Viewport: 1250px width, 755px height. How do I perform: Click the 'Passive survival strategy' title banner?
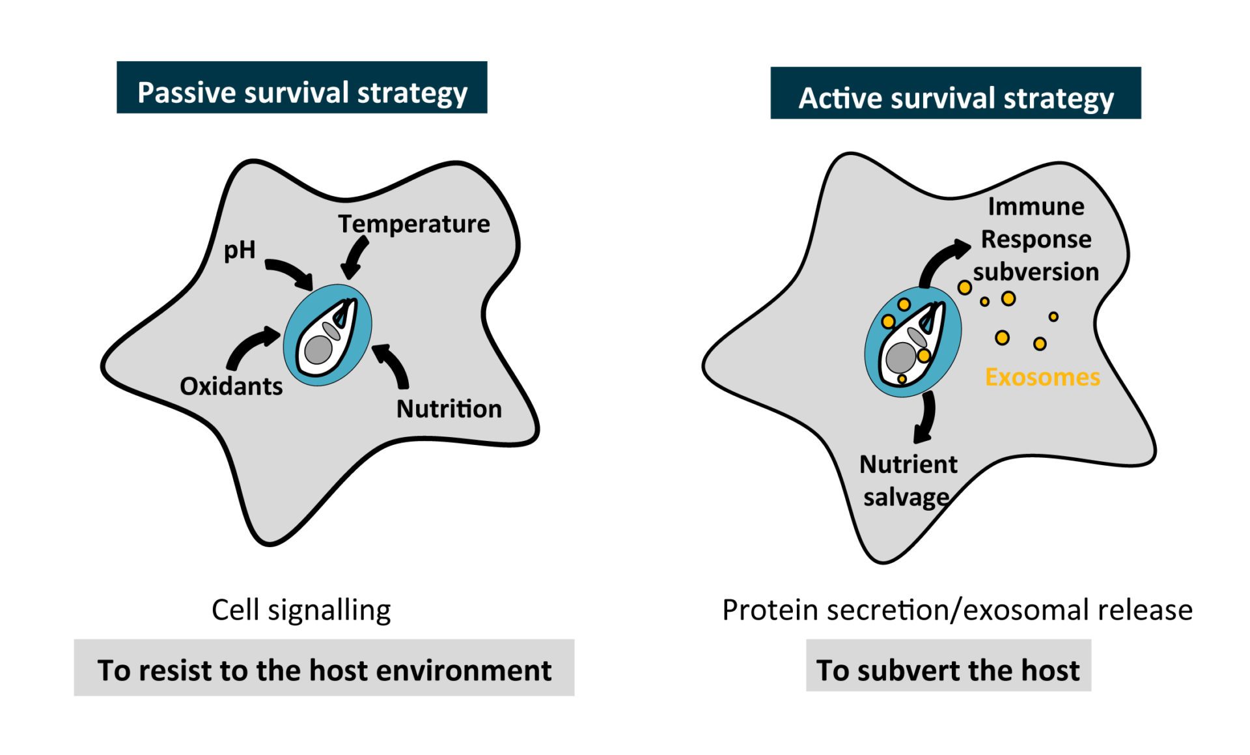[301, 88]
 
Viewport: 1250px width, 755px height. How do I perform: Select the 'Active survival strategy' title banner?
[955, 93]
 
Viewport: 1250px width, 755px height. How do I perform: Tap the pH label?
[240, 249]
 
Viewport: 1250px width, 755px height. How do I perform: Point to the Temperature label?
[413, 223]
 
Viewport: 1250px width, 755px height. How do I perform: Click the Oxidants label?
[231, 386]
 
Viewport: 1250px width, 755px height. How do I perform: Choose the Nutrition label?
[449, 409]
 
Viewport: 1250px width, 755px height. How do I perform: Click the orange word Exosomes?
[1042, 377]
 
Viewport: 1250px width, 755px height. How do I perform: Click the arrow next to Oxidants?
[251, 347]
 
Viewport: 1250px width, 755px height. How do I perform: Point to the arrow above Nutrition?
[393, 365]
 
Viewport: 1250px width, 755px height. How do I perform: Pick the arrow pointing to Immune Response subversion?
[941, 261]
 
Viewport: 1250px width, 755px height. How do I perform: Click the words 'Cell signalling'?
[301, 610]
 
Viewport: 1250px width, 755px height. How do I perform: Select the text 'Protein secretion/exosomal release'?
[957, 610]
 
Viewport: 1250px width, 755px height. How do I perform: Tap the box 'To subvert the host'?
[948, 670]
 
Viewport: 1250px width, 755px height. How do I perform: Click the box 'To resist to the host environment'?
[324, 670]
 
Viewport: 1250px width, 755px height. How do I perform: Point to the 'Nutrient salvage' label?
[908, 481]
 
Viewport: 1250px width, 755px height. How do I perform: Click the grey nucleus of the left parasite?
[318, 350]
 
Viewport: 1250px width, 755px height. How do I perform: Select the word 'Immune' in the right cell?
[1036, 207]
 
